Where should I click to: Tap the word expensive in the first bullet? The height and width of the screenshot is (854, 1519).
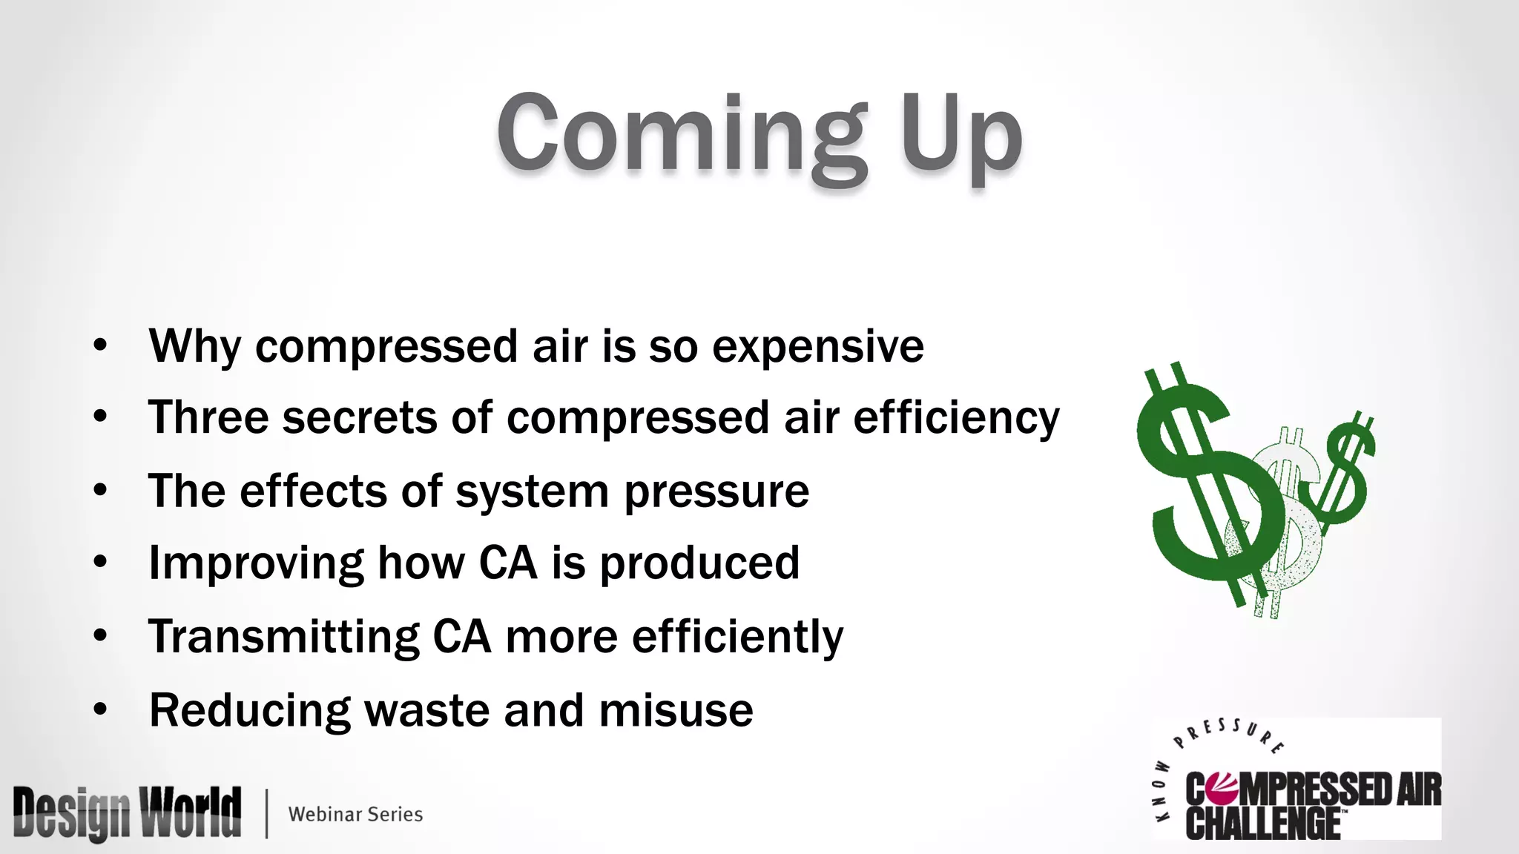817,346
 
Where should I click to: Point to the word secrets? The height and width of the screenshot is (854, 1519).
360,417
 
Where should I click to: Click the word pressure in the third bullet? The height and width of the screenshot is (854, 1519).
716,492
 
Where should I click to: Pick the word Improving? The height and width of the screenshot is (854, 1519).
256,563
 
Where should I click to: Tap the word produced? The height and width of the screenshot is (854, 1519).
699,563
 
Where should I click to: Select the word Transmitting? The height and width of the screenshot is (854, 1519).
283,636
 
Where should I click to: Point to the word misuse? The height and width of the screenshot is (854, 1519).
676,709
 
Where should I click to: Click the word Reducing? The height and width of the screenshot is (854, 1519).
249,711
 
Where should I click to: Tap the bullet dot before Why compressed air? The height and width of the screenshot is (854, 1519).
100,345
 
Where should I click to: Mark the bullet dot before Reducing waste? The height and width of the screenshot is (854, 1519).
100,709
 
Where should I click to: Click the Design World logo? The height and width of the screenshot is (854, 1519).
127,814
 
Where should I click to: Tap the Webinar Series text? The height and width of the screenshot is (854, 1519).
355,814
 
